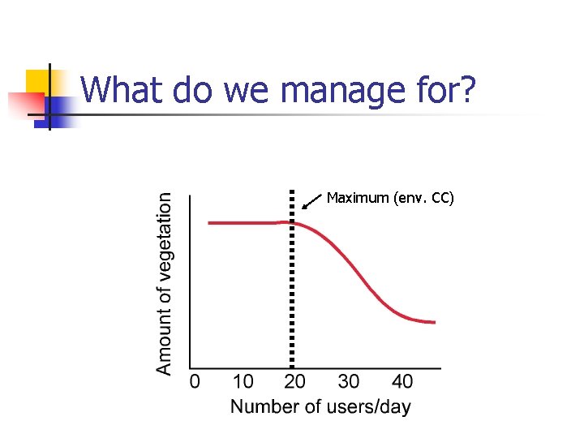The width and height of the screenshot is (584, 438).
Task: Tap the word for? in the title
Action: coord(445,90)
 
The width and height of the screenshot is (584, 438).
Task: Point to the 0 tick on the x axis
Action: coord(195,381)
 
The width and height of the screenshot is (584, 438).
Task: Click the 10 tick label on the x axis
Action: coord(243,381)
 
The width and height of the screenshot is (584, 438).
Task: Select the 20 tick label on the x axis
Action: coord(295,381)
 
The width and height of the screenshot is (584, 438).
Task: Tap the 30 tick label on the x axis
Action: coord(349,381)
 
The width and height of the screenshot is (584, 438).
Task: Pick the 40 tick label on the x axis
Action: coord(401,381)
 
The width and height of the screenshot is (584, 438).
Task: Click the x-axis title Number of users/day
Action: coord(320,406)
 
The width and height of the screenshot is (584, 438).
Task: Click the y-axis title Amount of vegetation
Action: coord(165,283)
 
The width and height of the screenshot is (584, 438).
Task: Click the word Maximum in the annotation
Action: coord(357,198)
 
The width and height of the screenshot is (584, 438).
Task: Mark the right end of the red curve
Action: coord(435,322)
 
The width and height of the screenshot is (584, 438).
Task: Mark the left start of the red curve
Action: coord(210,222)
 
